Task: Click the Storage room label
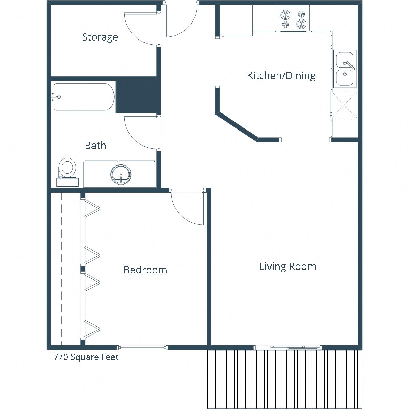tap(100, 37)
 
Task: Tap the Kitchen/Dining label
tap(281, 75)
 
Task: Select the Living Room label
tap(288, 266)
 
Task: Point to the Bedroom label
tap(145, 270)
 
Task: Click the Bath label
tap(95, 146)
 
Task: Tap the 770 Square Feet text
tap(86, 357)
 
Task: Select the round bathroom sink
tap(121, 174)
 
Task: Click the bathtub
tap(84, 97)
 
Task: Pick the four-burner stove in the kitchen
tap(293, 19)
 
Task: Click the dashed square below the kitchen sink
tap(345, 105)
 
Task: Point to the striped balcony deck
tap(284, 378)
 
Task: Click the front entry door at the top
tap(181, 20)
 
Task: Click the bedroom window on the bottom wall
tap(142, 348)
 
